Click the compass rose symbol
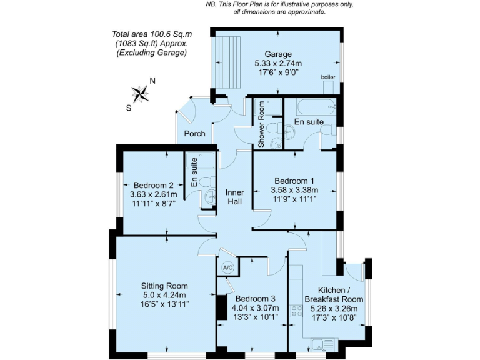pos(142,94)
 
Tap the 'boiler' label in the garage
pos(327,77)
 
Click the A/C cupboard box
pos(227,268)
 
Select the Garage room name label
pos(277,54)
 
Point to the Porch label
pos(194,134)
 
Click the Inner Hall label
pos(235,197)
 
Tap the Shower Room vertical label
pos(261,124)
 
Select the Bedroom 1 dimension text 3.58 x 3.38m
pos(294,191)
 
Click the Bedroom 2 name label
pos(154,186)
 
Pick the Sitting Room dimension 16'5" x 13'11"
pos(156,304)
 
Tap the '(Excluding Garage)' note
pos(152,53)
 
